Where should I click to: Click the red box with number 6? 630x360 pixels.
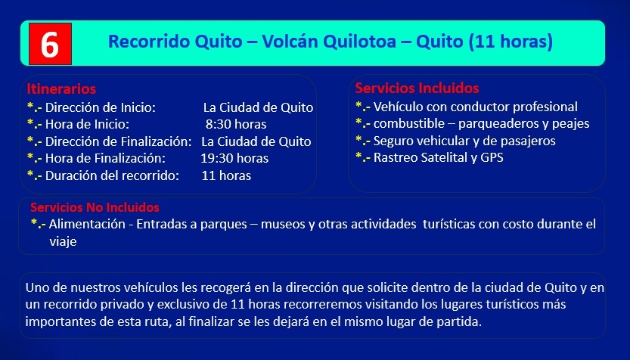tap(50, 44)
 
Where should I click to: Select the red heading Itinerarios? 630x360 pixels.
tap(61, 88)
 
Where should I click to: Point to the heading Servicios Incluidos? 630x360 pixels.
tap(417, 88)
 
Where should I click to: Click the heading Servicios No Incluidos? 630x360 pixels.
tap(95, 207)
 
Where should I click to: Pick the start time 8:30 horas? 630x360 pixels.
tap(236, 124)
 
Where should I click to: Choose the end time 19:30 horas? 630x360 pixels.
tap(234, 158)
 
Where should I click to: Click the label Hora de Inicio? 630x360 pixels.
tap(87, 124)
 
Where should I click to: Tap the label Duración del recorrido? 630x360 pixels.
tap(112, 175)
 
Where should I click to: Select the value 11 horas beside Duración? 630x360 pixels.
tap(226, 175)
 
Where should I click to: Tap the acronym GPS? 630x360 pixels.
tap(492, 157)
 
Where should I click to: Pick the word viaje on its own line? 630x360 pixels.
tap(63, 241)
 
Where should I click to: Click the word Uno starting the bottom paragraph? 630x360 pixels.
tap(34, 287)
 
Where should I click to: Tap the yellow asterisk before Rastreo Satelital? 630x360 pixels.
tap(358, 156)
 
